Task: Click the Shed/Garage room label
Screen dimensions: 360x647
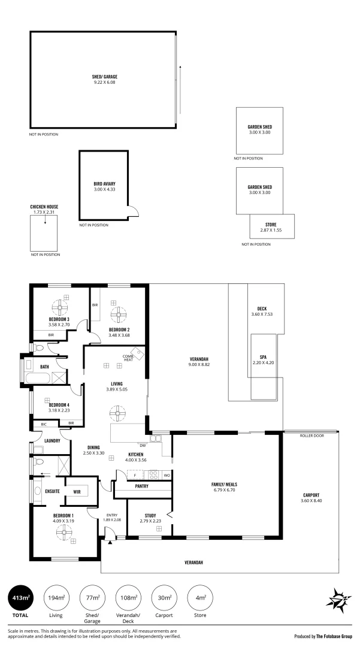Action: point(105,77)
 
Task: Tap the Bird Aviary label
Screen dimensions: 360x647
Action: point(104,184)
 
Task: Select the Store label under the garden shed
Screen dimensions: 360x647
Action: point(271,225)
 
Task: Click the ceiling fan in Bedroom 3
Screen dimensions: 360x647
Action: point(60,307)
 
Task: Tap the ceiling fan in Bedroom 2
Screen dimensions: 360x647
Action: point(119,315)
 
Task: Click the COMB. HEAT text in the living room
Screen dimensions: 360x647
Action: point(128,358)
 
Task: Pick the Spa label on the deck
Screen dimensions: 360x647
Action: point(263,357)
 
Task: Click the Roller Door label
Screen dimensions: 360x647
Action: point(311,436)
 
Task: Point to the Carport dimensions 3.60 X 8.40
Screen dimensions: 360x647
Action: point(311,500)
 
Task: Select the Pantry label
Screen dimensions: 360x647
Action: point(142,486)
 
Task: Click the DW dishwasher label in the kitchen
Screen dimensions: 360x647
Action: point(143,445)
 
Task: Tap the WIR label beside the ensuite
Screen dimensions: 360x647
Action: point(77,492)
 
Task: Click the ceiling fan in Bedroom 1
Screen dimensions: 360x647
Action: point(63,533)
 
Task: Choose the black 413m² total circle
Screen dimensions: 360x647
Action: point(20,597)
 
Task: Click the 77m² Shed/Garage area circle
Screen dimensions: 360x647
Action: point(92,597)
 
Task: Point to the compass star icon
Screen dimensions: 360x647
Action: point(338,600)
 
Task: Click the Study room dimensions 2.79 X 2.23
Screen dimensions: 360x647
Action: point(150,521)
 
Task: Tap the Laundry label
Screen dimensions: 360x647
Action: point(52,441)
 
